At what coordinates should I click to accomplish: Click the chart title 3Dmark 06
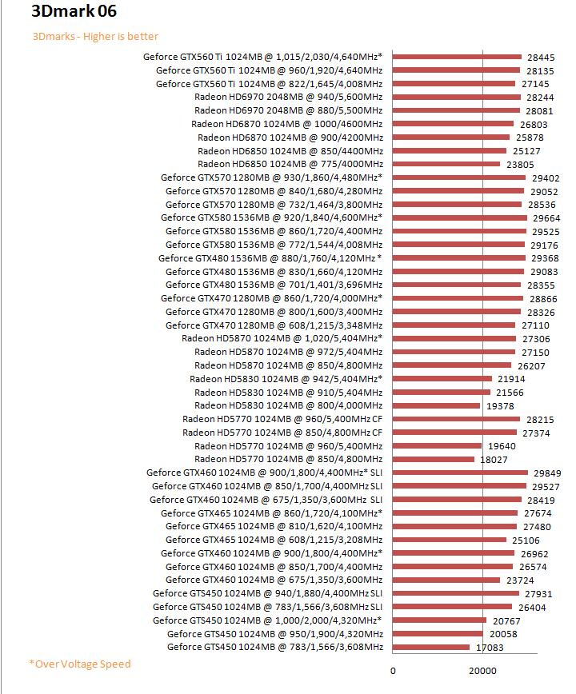click(x=74, y=13)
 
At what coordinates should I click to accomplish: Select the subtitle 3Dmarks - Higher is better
click(x=95, y=36)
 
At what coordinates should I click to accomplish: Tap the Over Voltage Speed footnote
click(x=80, y=664)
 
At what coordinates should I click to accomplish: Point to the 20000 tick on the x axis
click(x=482, y=671)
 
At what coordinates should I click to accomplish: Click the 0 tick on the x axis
click(x=393, y=671)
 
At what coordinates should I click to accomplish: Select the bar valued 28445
click(x=457, y=57)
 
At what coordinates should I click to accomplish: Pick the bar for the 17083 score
click(x=431, y=647)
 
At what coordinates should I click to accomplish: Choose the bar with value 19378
click(x=436, y=405)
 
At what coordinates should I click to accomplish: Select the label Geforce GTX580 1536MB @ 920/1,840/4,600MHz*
click(x=271, y=217)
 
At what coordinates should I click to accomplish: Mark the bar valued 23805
click(x=446, y=164)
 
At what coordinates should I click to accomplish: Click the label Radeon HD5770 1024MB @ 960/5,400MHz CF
click(x=282, y=419)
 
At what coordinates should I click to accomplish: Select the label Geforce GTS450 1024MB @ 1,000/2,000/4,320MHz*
click(x=267, y=620)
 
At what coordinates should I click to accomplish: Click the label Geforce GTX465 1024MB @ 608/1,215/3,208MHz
click(x=274, y=540)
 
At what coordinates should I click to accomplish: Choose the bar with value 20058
click(x=438, y=633)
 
